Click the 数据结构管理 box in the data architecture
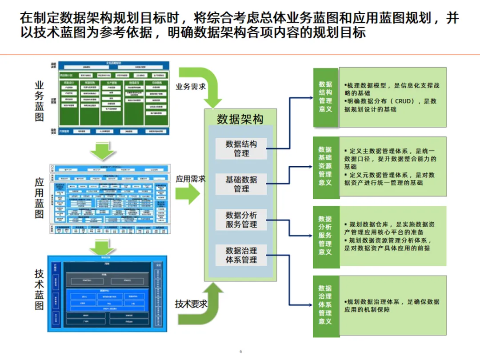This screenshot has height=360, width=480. click(241, 148)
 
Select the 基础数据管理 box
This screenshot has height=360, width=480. click(241, 184)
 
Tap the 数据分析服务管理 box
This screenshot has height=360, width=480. click(241, 220)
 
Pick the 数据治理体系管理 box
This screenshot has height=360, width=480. click(241, 255)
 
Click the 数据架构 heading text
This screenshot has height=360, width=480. click(240, 119)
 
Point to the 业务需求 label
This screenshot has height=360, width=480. click(191, 86)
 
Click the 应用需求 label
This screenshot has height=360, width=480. click(191, 179)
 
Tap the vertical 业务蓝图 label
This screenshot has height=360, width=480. click(40, 101)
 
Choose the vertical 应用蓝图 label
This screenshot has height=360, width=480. click(40, 198)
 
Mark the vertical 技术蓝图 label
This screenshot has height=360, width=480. click(40, 289)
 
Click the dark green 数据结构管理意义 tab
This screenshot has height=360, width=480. click(325, 96)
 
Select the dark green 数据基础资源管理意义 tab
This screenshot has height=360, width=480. click(325, 166)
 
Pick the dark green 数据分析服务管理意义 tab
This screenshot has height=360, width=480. click(325, 236)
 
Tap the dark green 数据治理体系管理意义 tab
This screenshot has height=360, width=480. click(325, 305)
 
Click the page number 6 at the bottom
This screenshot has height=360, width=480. click(240, 352)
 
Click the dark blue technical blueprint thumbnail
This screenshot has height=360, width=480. click(107, 293)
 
